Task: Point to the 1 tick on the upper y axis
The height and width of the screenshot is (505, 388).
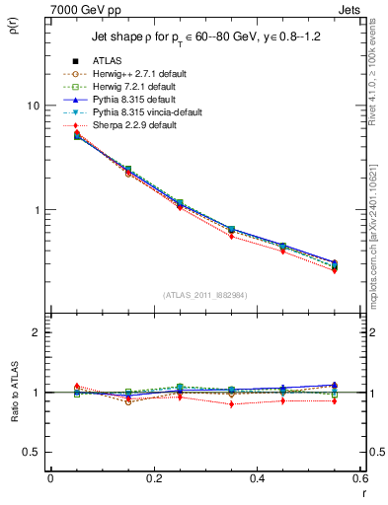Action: pos(35,210)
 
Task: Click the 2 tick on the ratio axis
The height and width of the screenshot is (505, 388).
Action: pos(35,333)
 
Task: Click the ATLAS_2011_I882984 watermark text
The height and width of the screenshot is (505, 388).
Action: pos(204,295)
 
